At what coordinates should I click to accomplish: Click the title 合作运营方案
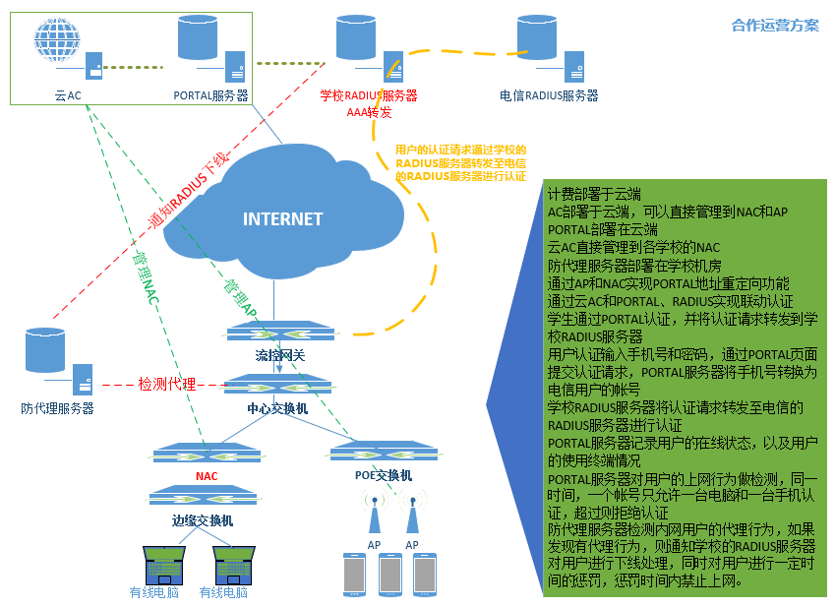775,26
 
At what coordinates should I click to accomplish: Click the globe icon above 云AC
56,39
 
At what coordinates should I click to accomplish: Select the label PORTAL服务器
210,95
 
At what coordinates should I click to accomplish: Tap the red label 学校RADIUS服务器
369,95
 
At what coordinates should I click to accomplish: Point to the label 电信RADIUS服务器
549,95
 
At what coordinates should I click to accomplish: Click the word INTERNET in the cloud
282,218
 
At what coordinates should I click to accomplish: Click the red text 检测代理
166,384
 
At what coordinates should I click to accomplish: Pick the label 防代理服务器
57,407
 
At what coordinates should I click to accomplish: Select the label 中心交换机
277,407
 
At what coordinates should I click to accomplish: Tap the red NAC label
207,476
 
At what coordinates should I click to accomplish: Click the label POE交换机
384,475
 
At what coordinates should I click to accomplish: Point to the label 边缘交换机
203,520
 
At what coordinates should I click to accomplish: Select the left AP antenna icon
374,514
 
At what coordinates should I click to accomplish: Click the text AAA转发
369,112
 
